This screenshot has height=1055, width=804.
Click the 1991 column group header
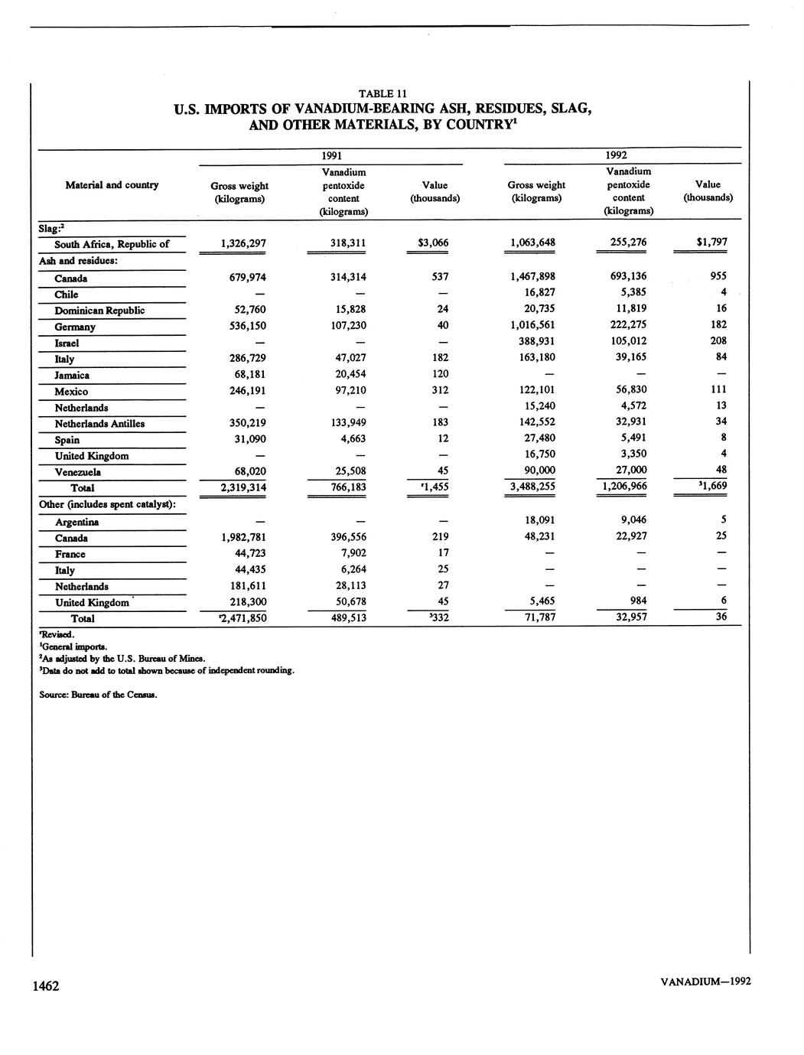click(x=331, y=155)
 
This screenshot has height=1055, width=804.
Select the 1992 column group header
click(x=617, y=155)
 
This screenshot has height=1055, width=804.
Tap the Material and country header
click(x=112, y=184)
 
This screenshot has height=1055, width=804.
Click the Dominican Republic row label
click(x=99, y=311)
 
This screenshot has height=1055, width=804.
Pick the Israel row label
click(x=67, y=343)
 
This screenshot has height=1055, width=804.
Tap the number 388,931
click(x=536, y=340)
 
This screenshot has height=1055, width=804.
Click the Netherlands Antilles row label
click(x=99, y=424)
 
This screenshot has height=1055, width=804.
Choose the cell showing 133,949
click(x=340, y=422)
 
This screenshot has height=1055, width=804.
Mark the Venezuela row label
click(x=77, y=472)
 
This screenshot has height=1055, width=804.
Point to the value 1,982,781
click(x=243, y=537)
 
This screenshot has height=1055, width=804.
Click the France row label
click(x=70, y=555)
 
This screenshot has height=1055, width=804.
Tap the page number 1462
click(x=45, y=986)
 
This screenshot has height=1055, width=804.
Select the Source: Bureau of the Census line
click(x=98, y=695)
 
